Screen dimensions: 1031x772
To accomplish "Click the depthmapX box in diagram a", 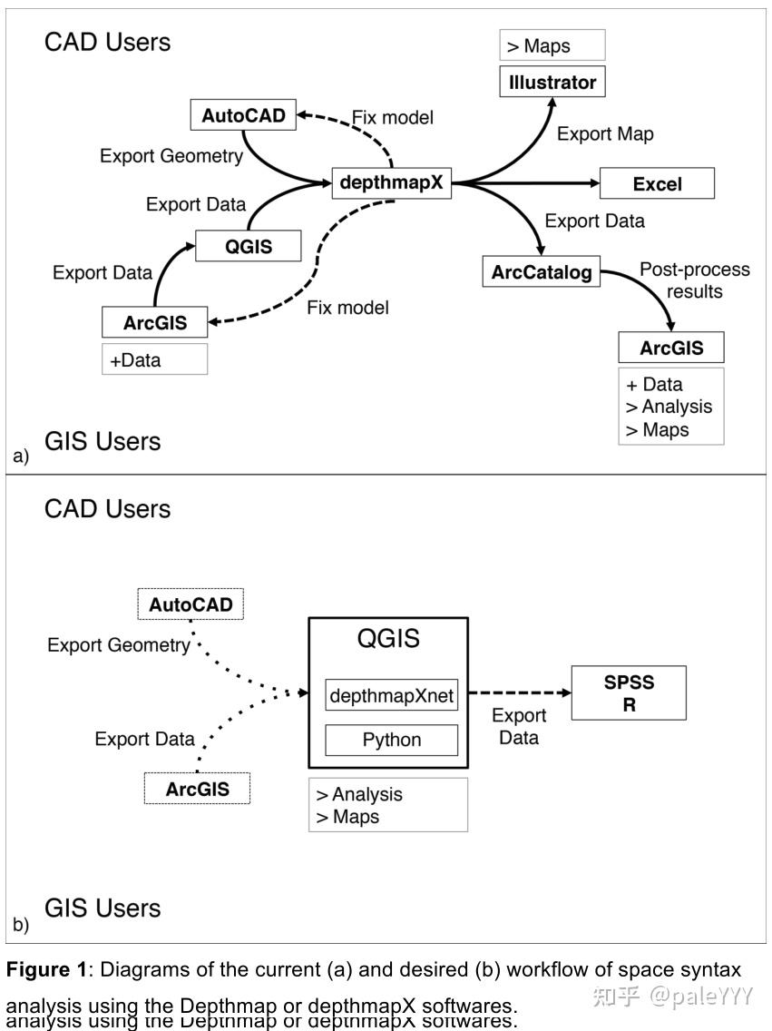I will [x=392, y=183].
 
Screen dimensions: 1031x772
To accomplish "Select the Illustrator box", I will [x=552, y=83].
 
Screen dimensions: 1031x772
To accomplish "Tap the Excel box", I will [x=657, y=184].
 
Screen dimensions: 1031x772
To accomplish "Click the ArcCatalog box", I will [x=542, y=272].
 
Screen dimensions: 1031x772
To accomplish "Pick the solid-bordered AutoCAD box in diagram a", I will [x=243, y=115].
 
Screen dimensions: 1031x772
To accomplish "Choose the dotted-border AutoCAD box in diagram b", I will [x=191, y=604].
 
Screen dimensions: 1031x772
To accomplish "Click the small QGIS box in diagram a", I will [x=248, y=245].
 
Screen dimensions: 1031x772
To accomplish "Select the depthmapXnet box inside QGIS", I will [x=392, y=697].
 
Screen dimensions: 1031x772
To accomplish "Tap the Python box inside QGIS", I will [x=392, y=740].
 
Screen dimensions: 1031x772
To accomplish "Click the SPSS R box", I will [x=629, y=693].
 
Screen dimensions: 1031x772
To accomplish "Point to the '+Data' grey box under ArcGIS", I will [x=154, y=359].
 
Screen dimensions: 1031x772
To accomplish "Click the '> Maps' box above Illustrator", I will [x=552, y=46].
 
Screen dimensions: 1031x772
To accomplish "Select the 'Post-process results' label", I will [x=694, y=280].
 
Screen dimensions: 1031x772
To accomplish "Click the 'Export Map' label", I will [x=605, y=134].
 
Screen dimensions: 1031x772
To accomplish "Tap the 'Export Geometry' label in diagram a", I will [x=171, y=156].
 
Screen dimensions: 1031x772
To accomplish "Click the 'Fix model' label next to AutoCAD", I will [x=393, y=118].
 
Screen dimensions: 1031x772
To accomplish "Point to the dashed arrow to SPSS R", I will [x=519, y=692].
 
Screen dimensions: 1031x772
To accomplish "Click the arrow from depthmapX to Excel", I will [x=526, y=184].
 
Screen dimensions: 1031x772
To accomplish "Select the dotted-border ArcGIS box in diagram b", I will [x=197, y=789].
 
